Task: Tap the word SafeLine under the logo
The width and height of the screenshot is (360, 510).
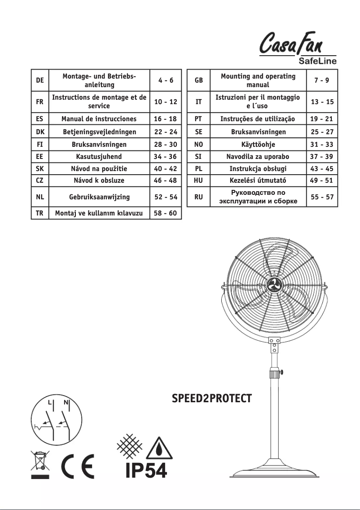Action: coord(318,61)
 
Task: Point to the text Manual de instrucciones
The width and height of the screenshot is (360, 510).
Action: coord(99,119)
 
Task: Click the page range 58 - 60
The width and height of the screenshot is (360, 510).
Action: coord(165,213)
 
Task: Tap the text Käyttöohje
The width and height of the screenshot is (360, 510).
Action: coord(258,144)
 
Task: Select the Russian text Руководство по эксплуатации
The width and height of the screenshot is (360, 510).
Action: coord(258,197)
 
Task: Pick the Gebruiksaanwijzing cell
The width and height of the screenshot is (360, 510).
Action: coord(99,197)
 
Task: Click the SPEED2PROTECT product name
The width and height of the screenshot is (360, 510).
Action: coord(212,399)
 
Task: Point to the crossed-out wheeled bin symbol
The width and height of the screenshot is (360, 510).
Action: coord(40,464)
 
